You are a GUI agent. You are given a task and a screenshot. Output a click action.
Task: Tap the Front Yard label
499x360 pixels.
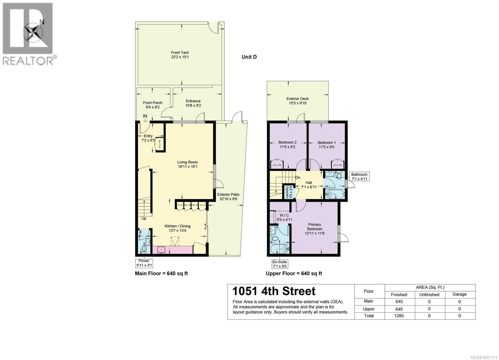tap(180, 55)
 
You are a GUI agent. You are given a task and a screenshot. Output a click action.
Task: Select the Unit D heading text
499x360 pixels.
tap(249, 57)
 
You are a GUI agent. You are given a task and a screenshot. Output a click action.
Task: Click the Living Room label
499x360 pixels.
tap(187, 164)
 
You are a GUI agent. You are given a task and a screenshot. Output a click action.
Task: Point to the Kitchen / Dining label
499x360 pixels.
tap(177, 228)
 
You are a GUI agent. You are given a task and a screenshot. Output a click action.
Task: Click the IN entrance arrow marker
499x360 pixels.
tap(145, 118)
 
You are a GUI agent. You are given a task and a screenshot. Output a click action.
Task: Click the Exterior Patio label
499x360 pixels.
tap(228, 197)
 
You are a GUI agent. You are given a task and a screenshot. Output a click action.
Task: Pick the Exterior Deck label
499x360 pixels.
tap(297, 101)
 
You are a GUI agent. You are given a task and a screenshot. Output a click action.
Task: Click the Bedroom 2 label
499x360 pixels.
tap(287, 145)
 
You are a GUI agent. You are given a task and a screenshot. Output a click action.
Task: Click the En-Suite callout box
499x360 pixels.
tap(279, 264)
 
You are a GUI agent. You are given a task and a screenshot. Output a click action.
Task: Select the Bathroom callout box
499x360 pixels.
tap(360, 176)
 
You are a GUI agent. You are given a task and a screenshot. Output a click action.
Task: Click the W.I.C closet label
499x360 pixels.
tap(284, 217)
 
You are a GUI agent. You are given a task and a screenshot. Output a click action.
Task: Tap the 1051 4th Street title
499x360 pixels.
tap(274, 291)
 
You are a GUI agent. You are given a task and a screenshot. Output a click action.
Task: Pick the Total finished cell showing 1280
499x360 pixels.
tap(399, 316)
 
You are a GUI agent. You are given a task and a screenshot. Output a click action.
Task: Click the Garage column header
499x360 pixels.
tap(459, 294)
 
